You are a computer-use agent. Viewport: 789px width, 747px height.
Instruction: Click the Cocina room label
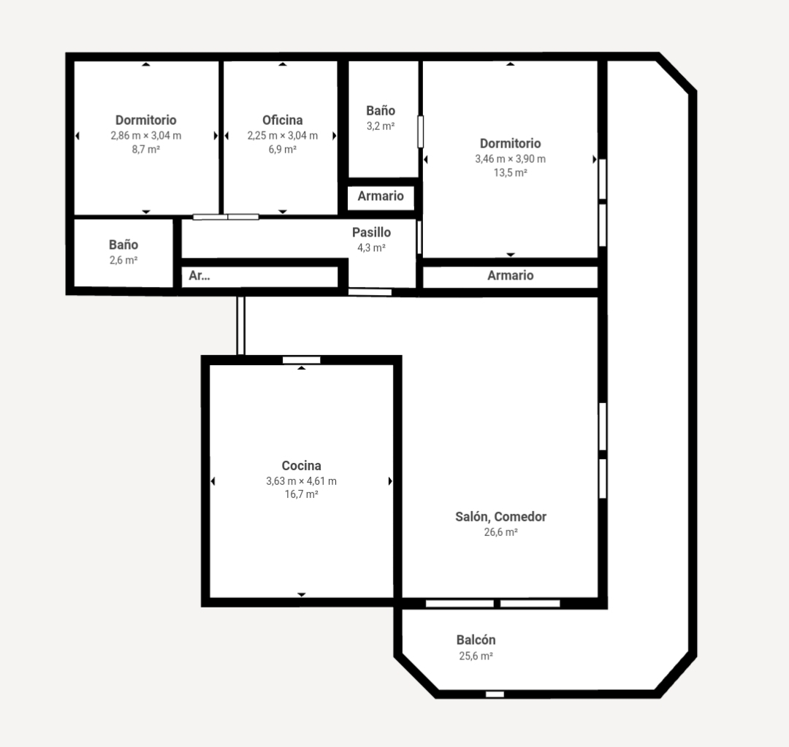click(301, 466)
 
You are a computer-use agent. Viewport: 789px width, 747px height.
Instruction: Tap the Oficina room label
click(282, 120)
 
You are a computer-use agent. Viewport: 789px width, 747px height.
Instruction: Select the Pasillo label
click(371, 233)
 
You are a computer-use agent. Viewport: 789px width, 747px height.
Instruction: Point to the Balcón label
click(476, 640)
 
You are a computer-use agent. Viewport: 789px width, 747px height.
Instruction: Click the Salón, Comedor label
click(500, 517)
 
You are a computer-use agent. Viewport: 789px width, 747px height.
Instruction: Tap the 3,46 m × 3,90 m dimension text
click(510, 159)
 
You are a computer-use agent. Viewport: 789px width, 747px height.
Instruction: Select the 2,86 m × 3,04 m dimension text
click(146, 136)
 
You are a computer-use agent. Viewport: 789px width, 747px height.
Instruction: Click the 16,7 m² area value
click(301, 495)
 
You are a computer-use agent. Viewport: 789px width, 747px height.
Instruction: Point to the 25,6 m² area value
click(476, 656)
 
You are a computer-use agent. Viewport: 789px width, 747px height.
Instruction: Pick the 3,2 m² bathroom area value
click(381, 126)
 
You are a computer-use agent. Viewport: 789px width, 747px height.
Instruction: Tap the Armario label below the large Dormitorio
click(510, 276)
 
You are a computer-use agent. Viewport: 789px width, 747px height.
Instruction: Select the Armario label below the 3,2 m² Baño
click(381, 196)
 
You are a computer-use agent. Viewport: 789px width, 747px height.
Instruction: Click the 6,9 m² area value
click(282, 150)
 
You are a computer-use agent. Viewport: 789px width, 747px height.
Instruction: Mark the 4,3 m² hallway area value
click(371, 248)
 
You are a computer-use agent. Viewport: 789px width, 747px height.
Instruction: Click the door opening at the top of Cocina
click(301, 359)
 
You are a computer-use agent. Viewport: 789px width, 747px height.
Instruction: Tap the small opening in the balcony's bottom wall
click(495, 694)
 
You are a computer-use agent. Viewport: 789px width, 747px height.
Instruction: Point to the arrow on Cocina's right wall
click(390, 481)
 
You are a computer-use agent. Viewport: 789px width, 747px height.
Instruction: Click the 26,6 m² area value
click(500, 532)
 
